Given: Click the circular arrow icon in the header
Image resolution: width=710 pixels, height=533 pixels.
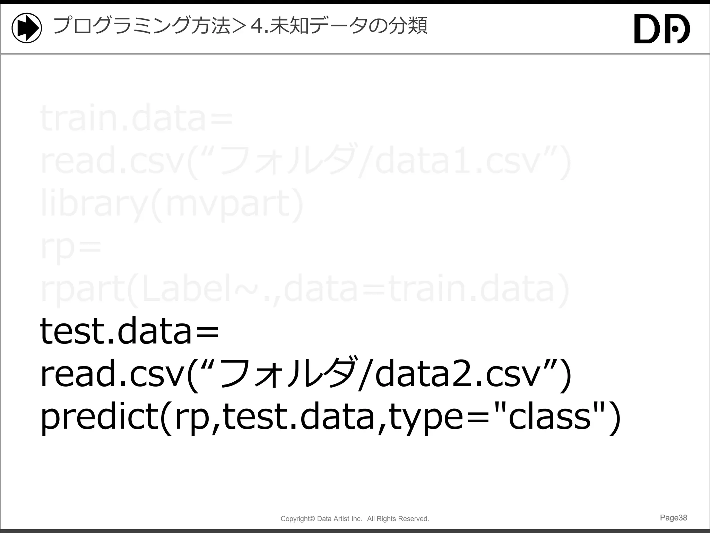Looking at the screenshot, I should [27, 28].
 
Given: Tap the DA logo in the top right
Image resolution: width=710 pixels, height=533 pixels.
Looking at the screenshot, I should [662, 29].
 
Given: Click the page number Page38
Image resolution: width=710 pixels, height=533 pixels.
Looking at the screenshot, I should [673, 518].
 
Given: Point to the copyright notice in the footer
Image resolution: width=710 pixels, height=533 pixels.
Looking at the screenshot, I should [355, 519].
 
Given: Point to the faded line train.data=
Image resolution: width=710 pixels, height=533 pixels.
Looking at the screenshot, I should [137, 118].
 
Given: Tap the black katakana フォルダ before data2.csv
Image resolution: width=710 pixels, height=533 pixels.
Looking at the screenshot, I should [288, 373].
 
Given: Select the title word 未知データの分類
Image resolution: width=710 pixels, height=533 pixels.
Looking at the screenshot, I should [348, 26].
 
